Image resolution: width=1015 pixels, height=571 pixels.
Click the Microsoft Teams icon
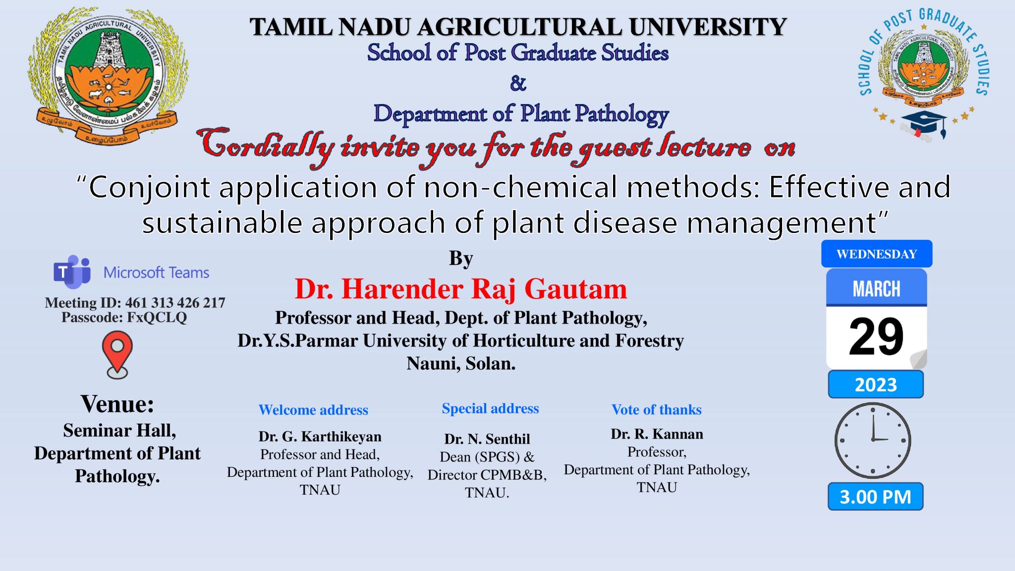72,272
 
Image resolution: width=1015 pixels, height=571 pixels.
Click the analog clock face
873,440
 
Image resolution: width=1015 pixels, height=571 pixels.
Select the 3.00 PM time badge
875,497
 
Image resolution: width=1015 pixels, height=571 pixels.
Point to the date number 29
876,337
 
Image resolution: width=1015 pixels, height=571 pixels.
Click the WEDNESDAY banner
877,254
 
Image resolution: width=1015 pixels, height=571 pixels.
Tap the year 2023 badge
876,385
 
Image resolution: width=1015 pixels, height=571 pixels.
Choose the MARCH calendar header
876,288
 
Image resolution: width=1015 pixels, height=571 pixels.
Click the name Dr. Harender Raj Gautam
461,289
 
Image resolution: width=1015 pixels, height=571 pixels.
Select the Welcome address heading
313,410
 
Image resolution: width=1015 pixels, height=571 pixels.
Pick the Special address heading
490,408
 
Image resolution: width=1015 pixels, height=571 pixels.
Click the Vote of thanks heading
657,409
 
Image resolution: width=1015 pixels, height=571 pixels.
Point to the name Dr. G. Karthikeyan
320,437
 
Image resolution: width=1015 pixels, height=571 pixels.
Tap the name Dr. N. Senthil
487,439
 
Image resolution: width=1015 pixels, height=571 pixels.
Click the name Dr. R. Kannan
657,434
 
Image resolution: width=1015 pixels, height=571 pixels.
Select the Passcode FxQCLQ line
124,317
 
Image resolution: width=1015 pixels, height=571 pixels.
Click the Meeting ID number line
135,302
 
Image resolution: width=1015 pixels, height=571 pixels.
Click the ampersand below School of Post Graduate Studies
518,83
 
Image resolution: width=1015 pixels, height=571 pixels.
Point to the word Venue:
117,404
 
